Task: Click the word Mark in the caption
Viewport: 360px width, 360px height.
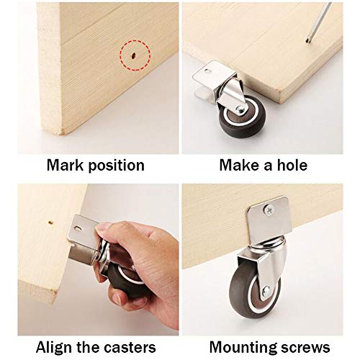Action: (x=65, y=165)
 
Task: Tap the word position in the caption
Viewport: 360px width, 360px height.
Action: (x=117, y=166)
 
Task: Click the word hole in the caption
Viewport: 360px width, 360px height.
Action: (x=292, y=165)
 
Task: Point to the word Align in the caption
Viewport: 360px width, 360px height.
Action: (x=54, y=347)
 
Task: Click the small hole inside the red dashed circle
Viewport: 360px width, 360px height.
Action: (x=132, y=55)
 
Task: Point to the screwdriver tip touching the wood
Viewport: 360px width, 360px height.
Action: (x=307, y=41)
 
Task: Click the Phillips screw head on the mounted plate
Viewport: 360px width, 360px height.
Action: (x=268, y=210)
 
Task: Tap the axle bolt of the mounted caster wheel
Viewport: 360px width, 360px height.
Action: (x=266, y=292)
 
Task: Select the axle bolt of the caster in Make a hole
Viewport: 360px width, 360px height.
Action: (x=240, y=110)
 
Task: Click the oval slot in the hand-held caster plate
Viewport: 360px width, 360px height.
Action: (x=78, y=228)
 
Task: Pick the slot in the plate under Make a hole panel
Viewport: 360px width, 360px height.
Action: (x=207, y=71)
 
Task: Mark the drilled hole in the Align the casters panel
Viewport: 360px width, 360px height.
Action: (x=50, y=222)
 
